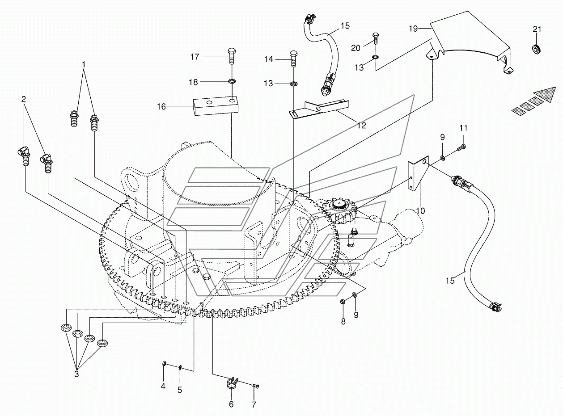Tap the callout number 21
point(537,29)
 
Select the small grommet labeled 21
point(536,48)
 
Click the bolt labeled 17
point(232,56)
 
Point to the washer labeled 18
point(232,81)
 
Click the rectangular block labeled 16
point(214,106)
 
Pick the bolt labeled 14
point(293,59)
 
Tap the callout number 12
point(361,126)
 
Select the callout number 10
point(420,210)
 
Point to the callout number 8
point(343,321)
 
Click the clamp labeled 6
point(232,384)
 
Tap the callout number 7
point(254,405)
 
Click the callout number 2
point(23,99)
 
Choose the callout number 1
point(84,65)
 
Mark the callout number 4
point(163,386)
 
